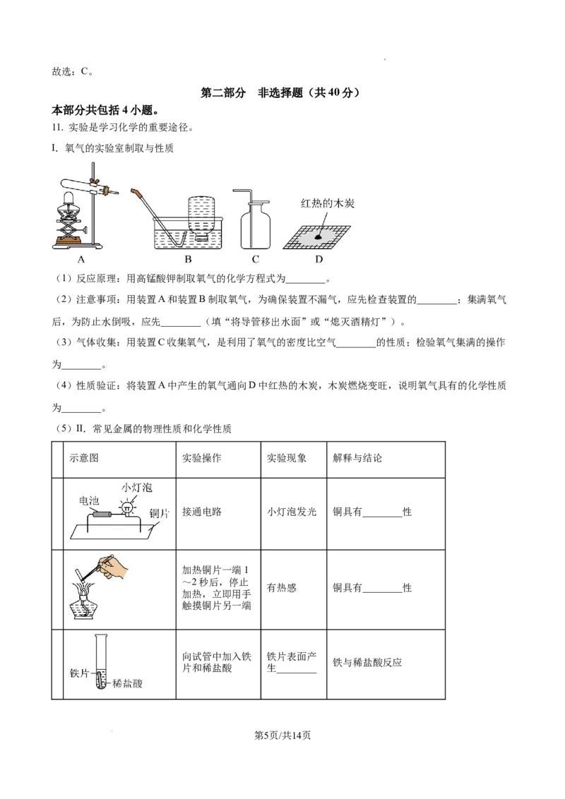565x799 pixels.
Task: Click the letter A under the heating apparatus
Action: point(81,260)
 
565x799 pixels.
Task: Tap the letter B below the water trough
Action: point(188,260)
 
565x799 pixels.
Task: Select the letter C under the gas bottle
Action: point(256,260)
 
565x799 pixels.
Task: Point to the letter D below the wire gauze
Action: point(319,260)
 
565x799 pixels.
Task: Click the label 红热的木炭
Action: point(327,204)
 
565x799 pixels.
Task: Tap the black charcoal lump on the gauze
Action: point(319,238)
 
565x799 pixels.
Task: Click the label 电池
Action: point(89,500)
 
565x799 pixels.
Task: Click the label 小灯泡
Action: point(136,488)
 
